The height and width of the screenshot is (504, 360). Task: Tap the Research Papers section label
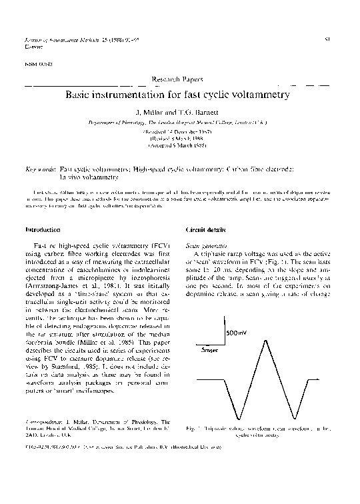coord(180,79)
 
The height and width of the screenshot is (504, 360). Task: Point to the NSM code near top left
coord(32,65)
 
